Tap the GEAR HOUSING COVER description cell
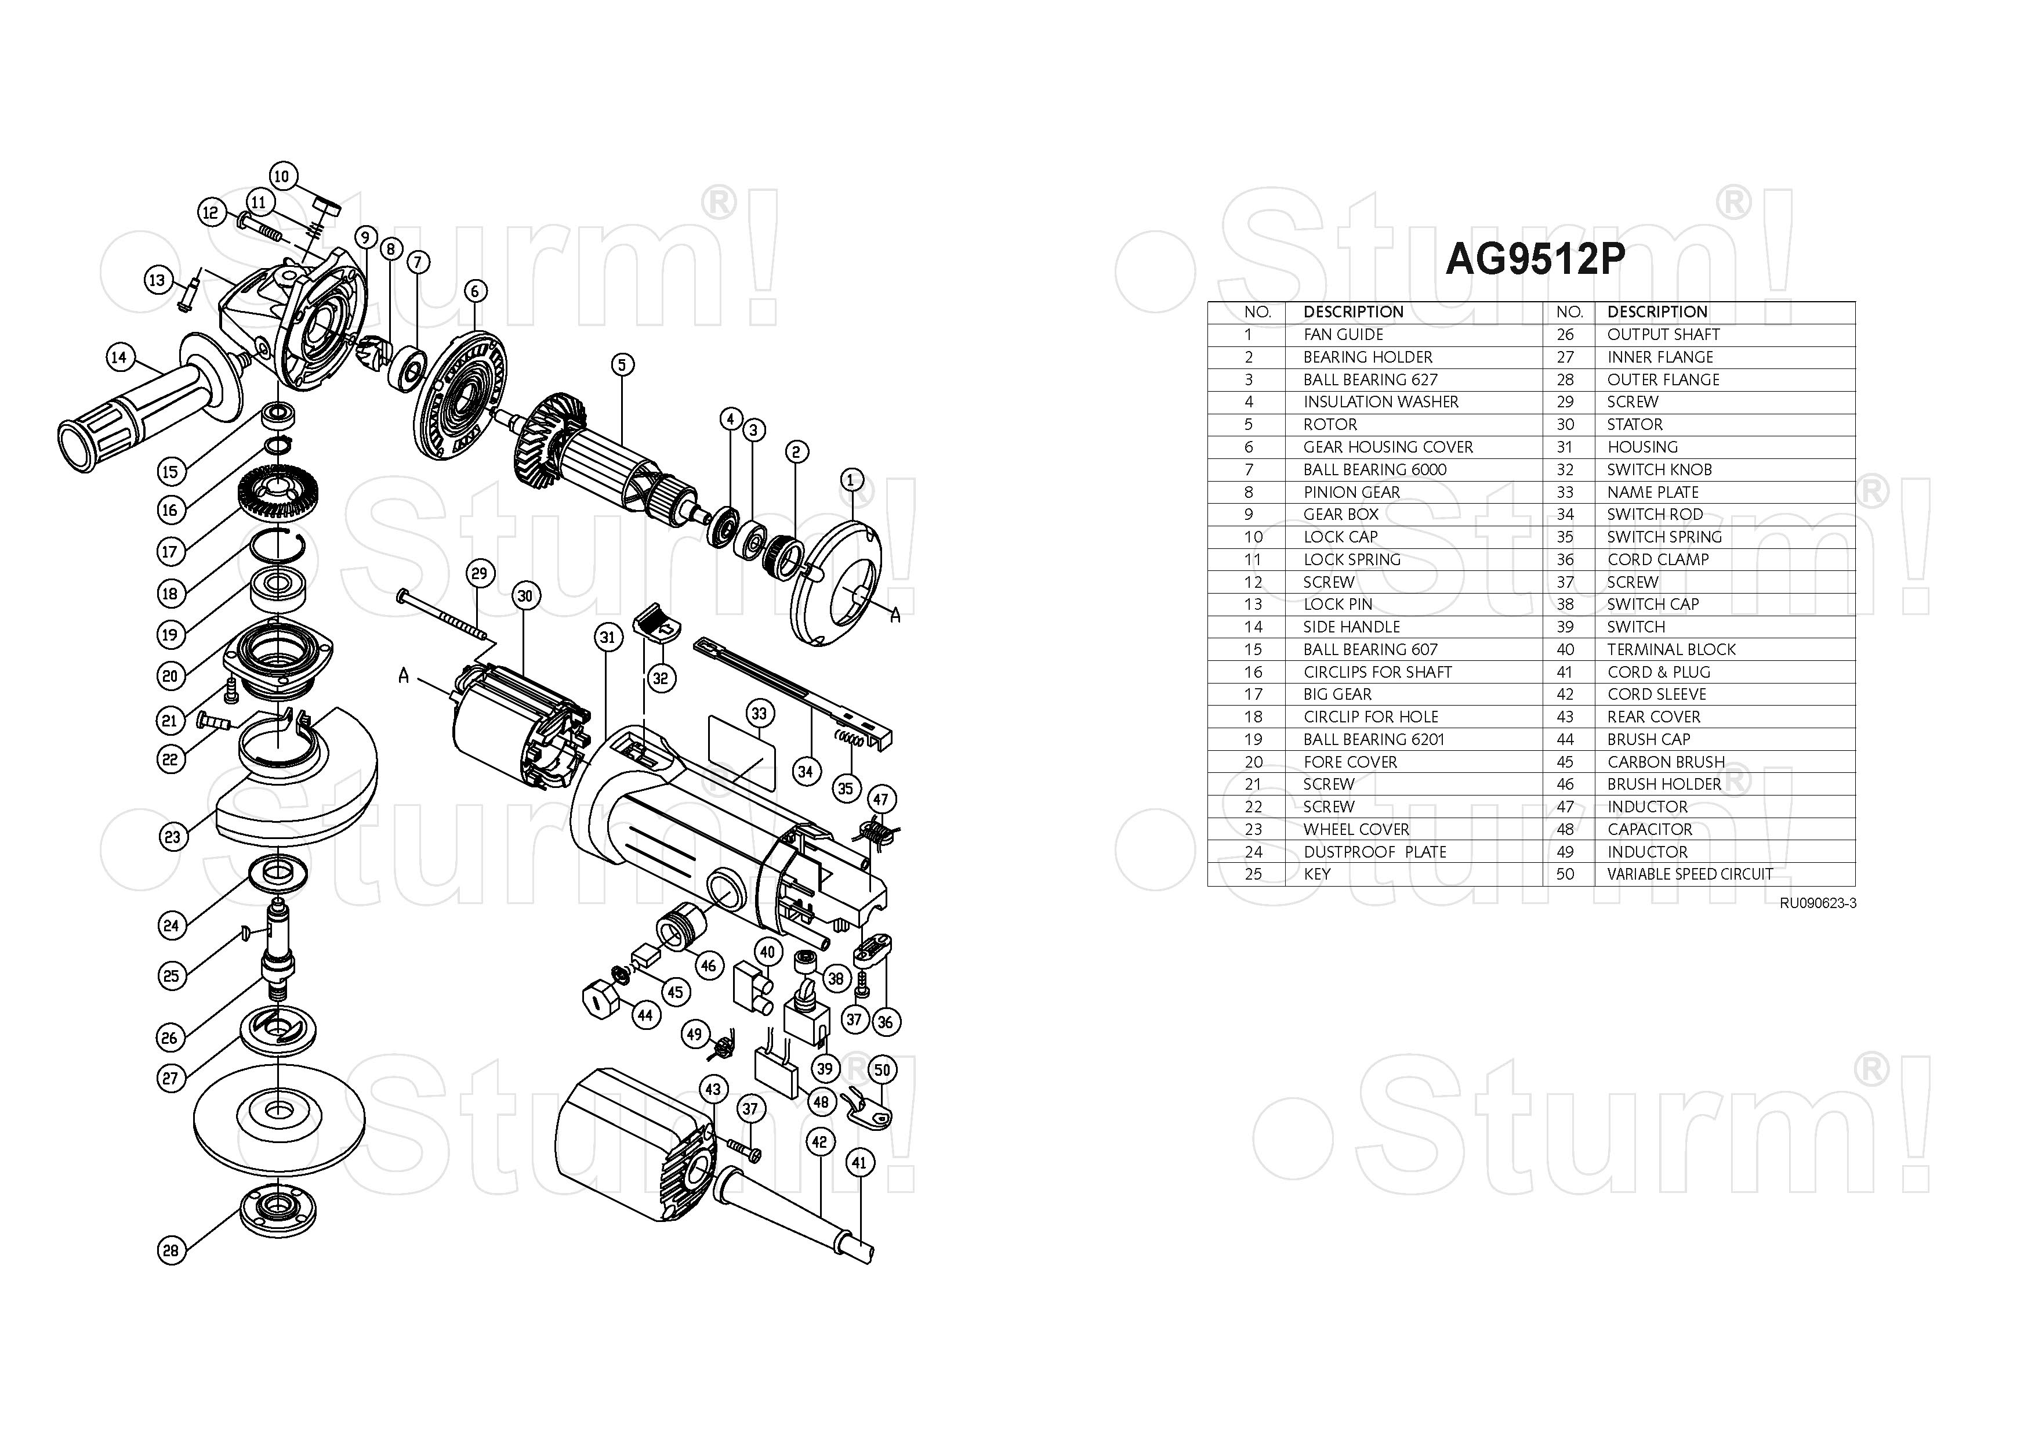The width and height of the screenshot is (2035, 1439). pyautogui.click(x=1387, y=447)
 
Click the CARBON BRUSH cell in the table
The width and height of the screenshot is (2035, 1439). pyautogui.click(x=1666, y=762)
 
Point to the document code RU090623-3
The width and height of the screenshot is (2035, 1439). pyautogui.click(x=1817, y=903)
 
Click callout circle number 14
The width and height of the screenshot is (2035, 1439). pyautogui.click(x=119, y=357)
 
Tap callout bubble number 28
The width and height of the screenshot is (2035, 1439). pyautogui.click(x=171, y=1251)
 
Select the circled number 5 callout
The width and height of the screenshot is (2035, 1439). pyautogui.click(x=622, y=364)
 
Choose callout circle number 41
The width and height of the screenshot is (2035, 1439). pyautogui.click(x=859, y=1162)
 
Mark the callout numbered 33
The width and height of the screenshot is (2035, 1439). pyautogui.click(x=759, y=714)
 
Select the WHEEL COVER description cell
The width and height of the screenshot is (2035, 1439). pyautogui.click(x=1355, y=829)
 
